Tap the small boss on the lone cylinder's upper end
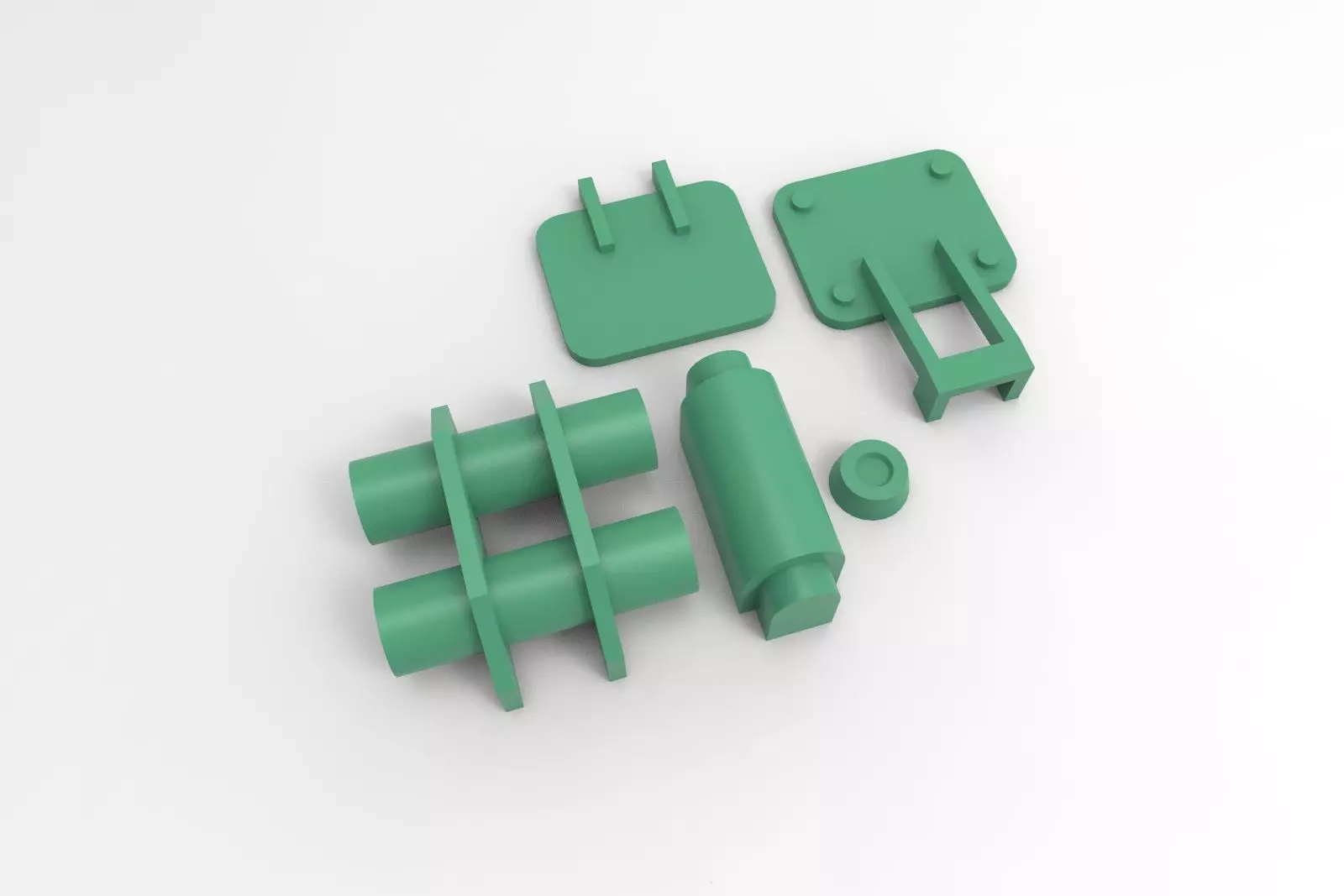click(721, 369)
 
